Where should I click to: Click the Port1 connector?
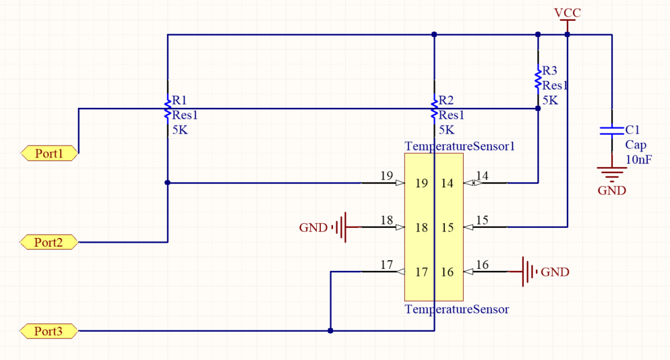(49, 154)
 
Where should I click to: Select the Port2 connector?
(49, 242)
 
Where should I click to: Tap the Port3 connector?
(49, 331)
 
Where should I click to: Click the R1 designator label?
(180, 101)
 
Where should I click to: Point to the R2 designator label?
(446, 101)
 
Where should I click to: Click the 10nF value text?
(639, 160)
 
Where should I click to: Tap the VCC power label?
(567, 13)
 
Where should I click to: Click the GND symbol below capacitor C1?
(612, 176)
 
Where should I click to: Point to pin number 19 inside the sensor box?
(421, 184)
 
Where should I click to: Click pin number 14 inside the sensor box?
(447, 184)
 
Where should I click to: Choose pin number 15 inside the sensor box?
(447, 228)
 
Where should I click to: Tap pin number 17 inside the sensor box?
(421, 272)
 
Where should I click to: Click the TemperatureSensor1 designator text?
(460, 145)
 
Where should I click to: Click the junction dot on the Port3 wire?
(330, 331)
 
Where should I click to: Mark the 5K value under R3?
(550, 100)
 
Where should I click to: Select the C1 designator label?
(632, 130)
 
